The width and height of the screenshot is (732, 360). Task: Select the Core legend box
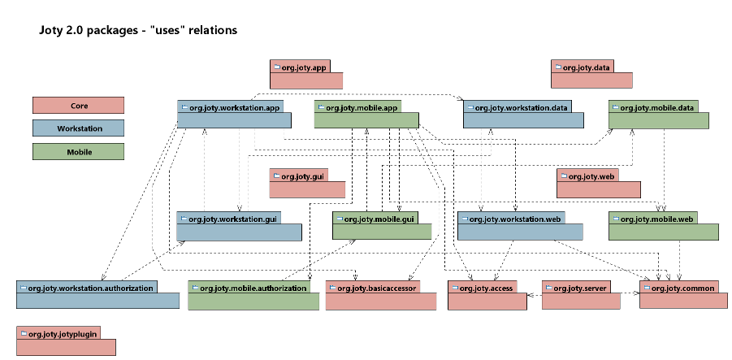pos(79,106)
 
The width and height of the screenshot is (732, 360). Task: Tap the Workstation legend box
pos(79,128)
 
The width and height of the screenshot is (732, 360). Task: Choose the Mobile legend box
pos(79,152)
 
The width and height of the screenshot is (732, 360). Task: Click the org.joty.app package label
pos(304,67)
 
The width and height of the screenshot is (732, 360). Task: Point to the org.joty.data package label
pos(586,67)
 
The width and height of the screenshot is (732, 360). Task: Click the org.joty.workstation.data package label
pos(521,108)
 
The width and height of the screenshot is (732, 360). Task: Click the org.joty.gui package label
pos(302,176)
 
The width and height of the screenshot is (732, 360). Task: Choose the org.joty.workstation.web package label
pos(515,219)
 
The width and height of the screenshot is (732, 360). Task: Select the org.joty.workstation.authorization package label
pos(90,288)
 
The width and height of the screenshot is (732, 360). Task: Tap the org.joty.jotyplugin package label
pos(63,334)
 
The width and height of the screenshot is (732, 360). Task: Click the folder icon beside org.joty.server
pos(548,288)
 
